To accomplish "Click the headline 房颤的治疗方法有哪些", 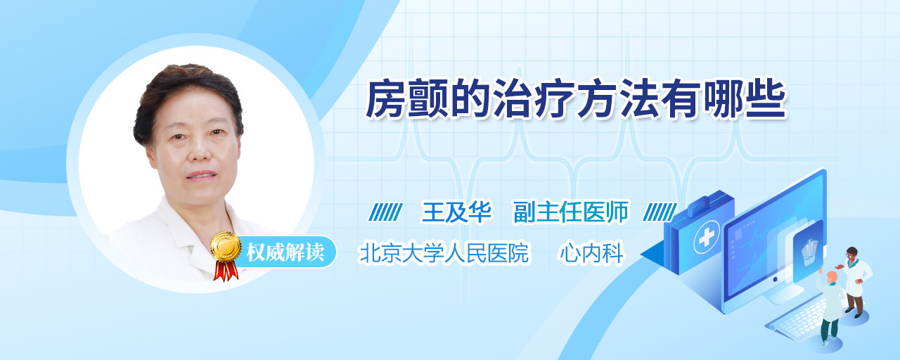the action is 576,98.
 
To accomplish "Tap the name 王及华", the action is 457,212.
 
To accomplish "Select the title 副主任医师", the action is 571,212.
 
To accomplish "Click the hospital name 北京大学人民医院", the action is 444,253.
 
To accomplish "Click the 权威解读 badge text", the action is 285,252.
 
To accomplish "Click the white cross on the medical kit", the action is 706,238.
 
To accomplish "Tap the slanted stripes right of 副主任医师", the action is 660,212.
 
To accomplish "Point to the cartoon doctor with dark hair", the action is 855,281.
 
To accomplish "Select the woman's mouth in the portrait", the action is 201,176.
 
